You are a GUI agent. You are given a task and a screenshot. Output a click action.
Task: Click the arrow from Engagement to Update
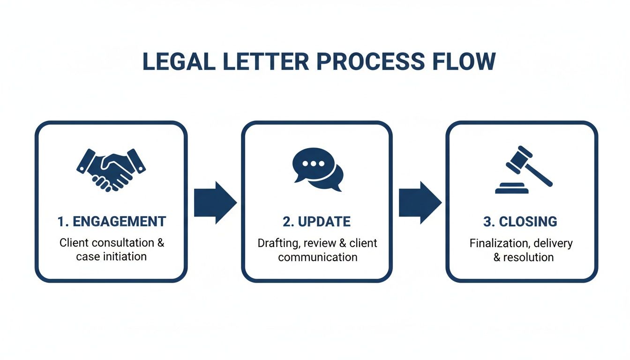point(215,202)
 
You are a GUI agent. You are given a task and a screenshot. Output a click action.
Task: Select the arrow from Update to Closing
point(420,202)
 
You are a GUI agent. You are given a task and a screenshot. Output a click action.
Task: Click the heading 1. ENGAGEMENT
point(112,222)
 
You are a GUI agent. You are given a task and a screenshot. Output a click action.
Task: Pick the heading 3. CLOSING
point(520,222)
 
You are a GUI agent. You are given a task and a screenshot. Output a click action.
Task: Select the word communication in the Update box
point(317,257)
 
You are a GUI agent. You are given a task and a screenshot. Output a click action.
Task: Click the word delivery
point(553,244)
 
